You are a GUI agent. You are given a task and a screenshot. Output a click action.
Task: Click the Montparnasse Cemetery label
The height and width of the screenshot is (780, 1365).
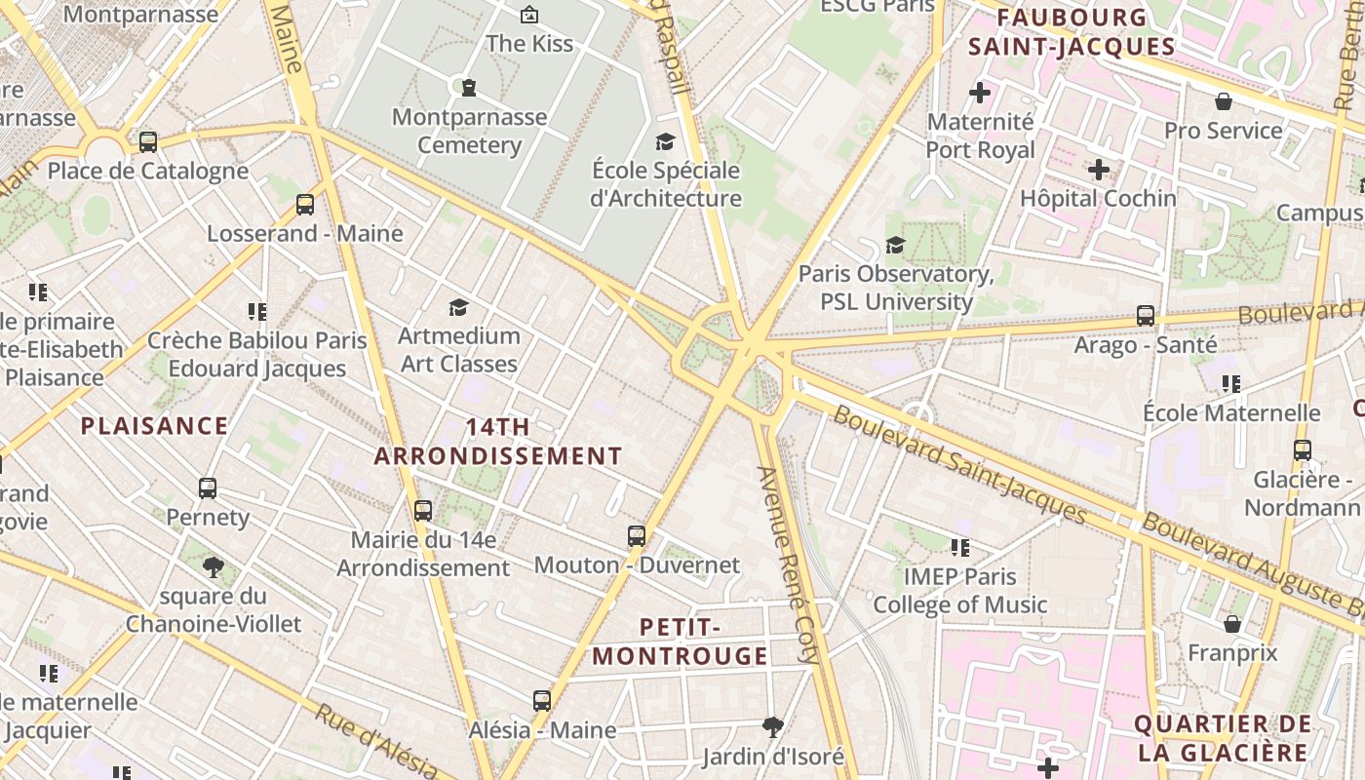(469, 131)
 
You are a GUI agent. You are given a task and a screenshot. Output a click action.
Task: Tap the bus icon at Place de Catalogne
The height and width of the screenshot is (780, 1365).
(148, 142)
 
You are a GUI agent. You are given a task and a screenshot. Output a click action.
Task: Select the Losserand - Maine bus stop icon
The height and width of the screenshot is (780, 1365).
(305, 205)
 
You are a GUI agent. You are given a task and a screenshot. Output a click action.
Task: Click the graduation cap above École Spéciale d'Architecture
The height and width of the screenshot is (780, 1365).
(666, 142)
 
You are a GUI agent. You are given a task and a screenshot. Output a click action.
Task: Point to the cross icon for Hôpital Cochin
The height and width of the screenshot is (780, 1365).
(1099, 170)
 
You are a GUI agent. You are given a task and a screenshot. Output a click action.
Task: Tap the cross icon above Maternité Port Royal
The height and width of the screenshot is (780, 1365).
(980, 94)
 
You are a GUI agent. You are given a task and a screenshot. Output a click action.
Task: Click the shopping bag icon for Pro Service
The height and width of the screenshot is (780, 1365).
(1223, 101)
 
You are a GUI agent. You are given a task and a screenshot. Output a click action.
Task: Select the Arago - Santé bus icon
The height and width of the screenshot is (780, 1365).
(1146, 316)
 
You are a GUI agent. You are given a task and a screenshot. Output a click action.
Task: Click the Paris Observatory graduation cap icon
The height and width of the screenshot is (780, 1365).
(895, 245)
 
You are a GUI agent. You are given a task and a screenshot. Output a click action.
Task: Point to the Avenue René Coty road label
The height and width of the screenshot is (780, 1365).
(790, 565)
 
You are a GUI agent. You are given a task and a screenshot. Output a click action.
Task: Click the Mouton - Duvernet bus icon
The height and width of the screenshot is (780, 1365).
(637, 535)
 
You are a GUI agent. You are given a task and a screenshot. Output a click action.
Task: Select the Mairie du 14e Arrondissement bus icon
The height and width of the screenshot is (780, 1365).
(423, 510)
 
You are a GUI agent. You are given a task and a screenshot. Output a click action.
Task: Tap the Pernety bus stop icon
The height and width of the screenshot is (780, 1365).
(208, 487)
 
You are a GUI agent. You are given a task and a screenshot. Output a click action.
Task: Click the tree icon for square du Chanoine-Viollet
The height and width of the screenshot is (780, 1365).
(214, 566)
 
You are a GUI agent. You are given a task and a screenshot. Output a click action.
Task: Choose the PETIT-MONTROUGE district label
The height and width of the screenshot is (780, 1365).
(680, 641)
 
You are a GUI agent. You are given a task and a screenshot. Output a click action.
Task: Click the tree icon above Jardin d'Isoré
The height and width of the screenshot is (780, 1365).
(773, 726)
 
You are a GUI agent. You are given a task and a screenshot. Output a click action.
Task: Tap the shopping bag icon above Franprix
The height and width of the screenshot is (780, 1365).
(1232, 624)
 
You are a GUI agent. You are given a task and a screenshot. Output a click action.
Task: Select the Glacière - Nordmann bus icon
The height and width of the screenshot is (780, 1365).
(1303, 450)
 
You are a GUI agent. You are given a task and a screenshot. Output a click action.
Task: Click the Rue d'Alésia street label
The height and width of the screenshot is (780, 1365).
(374, 741)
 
